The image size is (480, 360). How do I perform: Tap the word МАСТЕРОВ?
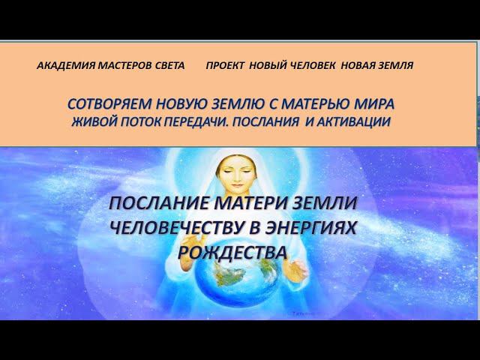click(x=121, y=66)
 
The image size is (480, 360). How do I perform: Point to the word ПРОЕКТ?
click(x=227, y=66)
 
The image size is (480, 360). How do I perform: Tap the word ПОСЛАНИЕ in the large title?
click(x=160, y=204)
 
